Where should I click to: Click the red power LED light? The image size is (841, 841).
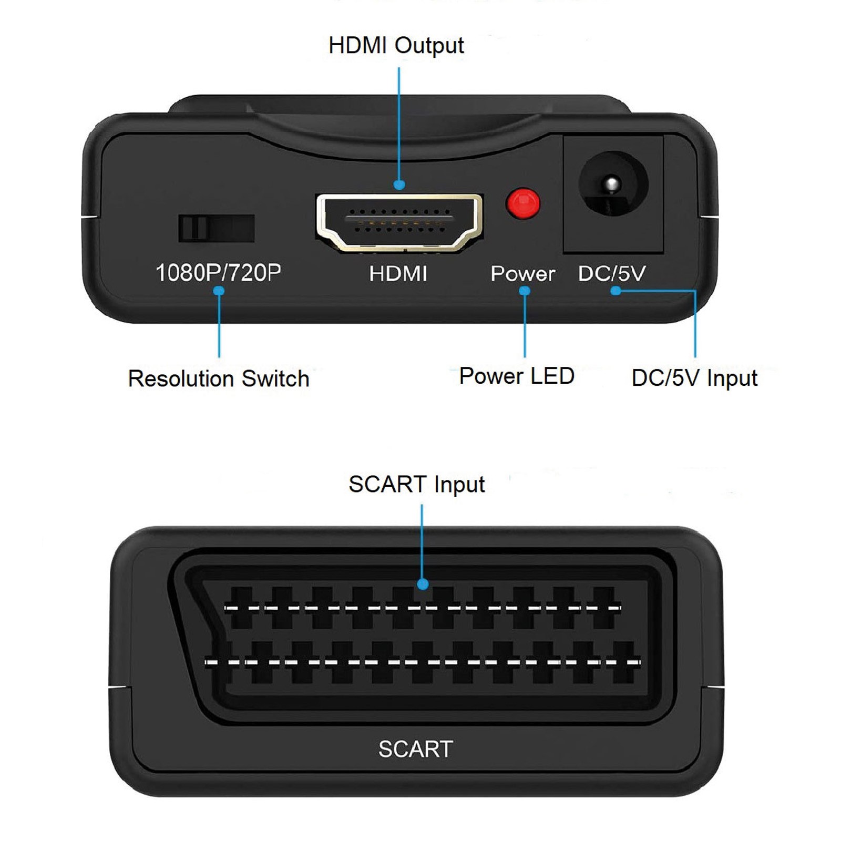522,203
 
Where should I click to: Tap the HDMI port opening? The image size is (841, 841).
399,222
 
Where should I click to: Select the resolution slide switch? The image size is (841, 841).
217,228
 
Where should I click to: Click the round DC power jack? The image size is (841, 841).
613,184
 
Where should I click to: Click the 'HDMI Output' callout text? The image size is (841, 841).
396,46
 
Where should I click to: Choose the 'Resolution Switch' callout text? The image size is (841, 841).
219,378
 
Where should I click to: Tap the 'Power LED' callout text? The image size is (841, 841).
517,376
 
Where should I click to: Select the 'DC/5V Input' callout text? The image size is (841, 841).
694,378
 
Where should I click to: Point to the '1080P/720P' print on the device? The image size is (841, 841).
218,273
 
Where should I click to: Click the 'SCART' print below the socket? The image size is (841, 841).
416,749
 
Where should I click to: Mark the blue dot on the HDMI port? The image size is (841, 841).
399,184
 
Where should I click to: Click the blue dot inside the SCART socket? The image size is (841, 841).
423,584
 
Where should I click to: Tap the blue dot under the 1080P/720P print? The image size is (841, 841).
219,291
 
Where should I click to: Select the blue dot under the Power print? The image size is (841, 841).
525,291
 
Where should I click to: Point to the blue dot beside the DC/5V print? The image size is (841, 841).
616,290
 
